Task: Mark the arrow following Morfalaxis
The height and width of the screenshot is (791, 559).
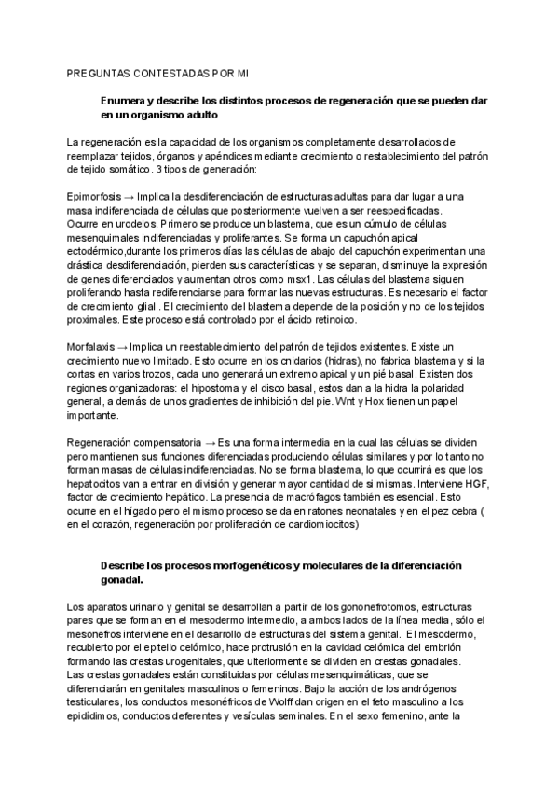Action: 126,348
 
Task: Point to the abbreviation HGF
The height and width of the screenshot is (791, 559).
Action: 472,484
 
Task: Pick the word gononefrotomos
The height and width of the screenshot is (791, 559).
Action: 346,607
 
